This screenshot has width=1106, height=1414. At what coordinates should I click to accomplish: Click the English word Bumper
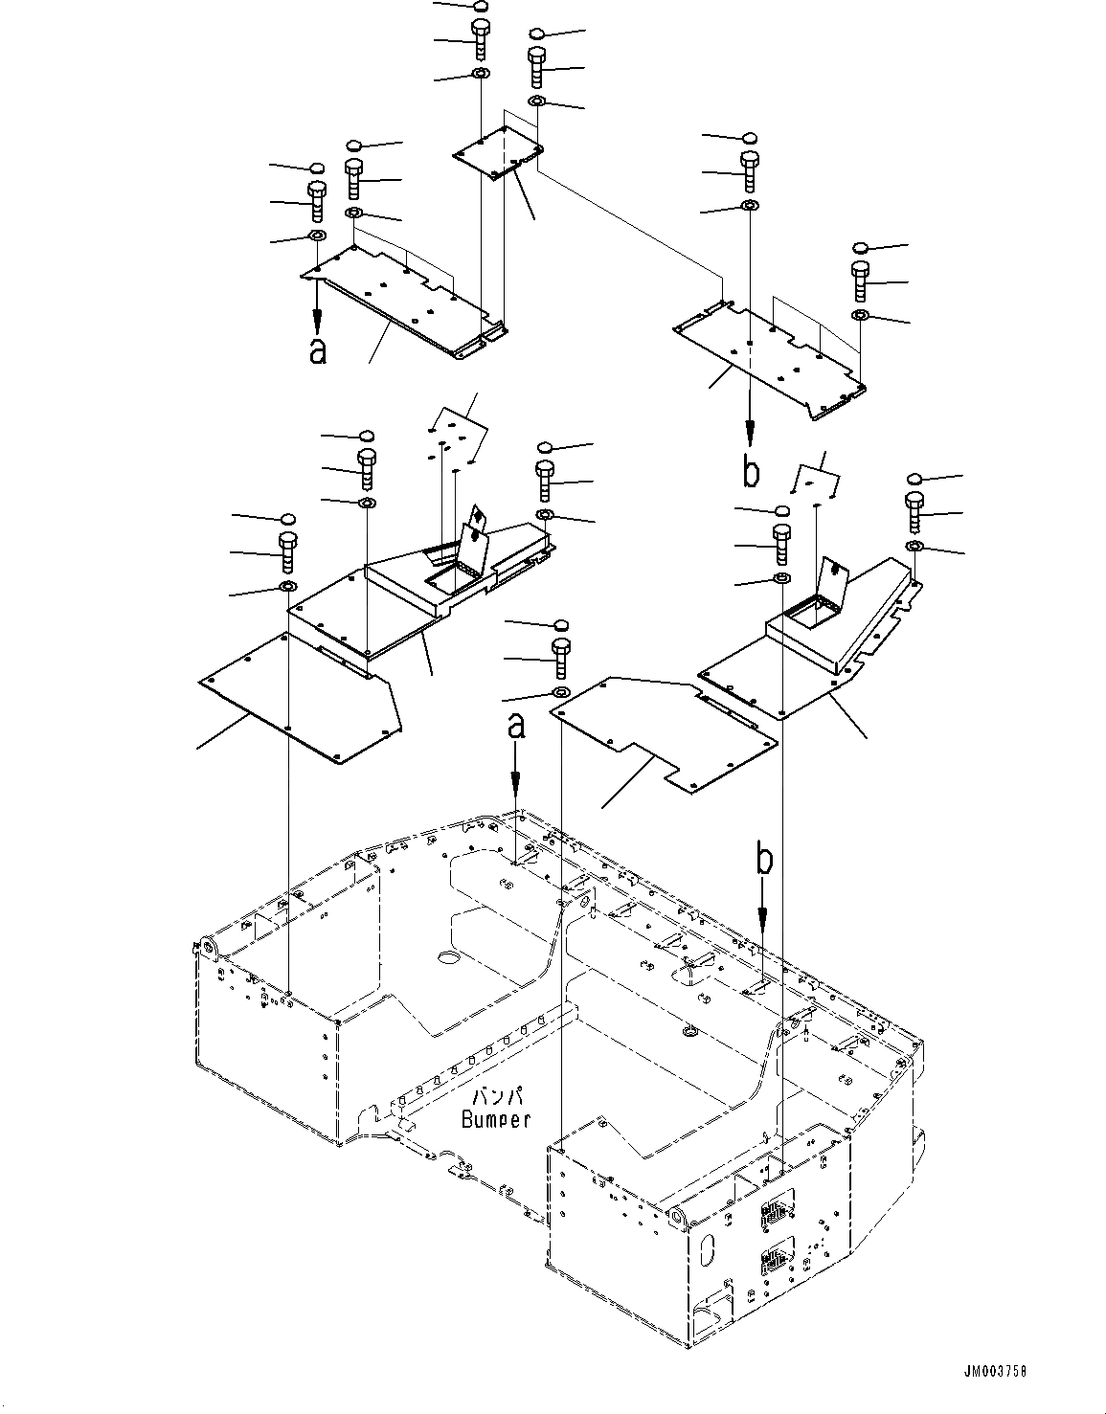[x=495, y=1118]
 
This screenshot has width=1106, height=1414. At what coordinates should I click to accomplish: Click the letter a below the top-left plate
[x=318, y=349]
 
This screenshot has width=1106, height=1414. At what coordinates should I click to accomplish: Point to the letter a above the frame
[x=516, y=727]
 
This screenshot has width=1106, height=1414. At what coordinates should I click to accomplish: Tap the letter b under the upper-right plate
[x=753, y=470]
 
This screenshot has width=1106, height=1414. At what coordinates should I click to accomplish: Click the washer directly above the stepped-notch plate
[x=561, y=692]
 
